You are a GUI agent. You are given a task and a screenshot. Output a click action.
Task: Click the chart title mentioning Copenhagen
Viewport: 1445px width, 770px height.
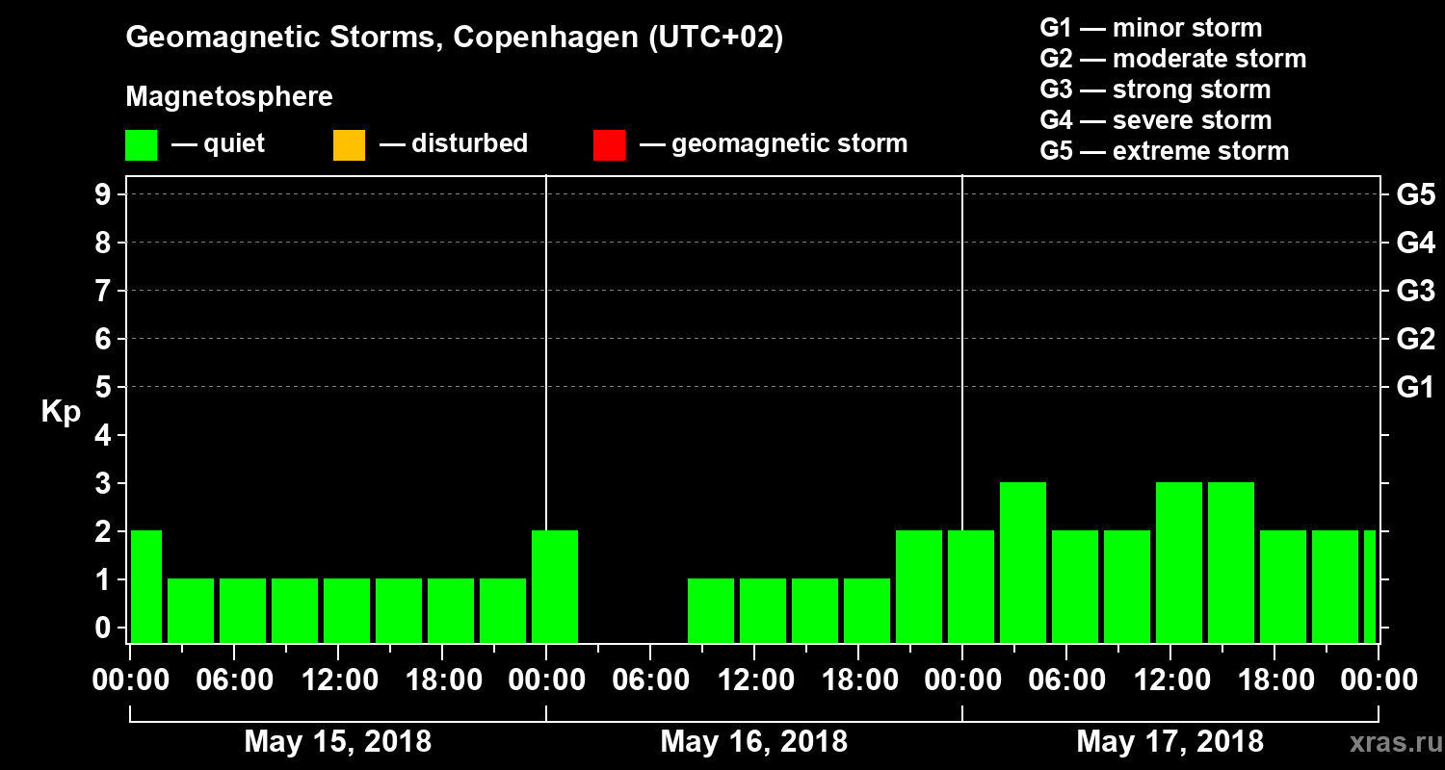(454, 38)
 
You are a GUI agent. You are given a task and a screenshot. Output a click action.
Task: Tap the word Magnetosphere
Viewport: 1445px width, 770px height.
(229, 97)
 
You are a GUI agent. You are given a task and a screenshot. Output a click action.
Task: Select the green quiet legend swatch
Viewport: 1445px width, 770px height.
(141, 145)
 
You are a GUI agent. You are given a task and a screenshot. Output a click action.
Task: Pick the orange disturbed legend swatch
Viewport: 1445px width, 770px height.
(349, 145)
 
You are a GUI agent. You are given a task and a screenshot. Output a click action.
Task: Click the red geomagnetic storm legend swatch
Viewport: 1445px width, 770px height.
(609, 145)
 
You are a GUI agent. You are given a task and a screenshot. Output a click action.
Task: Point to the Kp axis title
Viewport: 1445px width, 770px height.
(61, 412)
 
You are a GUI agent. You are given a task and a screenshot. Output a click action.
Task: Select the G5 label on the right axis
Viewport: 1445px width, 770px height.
(1415, 195)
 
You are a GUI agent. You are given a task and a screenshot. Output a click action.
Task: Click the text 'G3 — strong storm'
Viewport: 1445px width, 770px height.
(1155, 90)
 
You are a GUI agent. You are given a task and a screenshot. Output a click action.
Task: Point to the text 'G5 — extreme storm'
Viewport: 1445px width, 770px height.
(1164, 151)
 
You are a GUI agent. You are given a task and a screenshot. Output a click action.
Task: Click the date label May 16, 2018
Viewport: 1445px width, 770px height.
(753, 741)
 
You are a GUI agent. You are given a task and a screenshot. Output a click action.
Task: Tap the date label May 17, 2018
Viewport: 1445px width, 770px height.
(1169, 741)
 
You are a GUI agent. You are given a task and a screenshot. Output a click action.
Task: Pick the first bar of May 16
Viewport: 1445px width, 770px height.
(555, 586)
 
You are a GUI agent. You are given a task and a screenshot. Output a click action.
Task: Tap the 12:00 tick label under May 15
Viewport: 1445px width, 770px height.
(338, 680)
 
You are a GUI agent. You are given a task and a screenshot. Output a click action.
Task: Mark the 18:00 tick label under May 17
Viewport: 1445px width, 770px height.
(1274, 680)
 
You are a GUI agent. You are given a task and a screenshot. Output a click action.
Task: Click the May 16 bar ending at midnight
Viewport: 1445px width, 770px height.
(919, 586)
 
